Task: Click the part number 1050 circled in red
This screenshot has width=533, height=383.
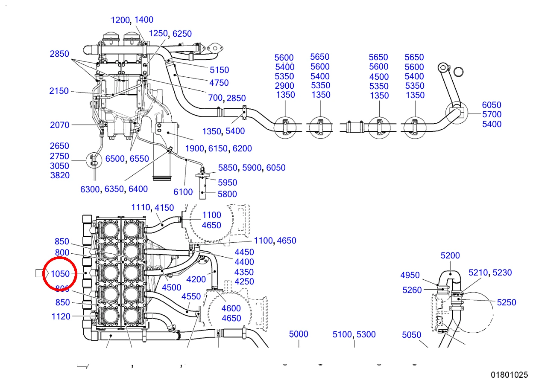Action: (x=60, y=274)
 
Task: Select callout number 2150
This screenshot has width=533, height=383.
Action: (x=59, y=91)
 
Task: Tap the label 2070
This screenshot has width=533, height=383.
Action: (x=59, y=125)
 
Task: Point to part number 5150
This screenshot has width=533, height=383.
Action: (x=219, y=70)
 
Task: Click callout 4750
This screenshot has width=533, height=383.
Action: (x=219, y=83)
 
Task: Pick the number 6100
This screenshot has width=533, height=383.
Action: (x=183, y=192)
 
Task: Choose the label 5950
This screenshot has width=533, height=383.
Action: (x=228, y=183)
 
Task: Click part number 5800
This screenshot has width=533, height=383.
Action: (x=227, y=194)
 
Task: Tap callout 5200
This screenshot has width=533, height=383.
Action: (x=450, y=255)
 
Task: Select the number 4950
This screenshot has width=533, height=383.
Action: (x=410, y=275)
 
